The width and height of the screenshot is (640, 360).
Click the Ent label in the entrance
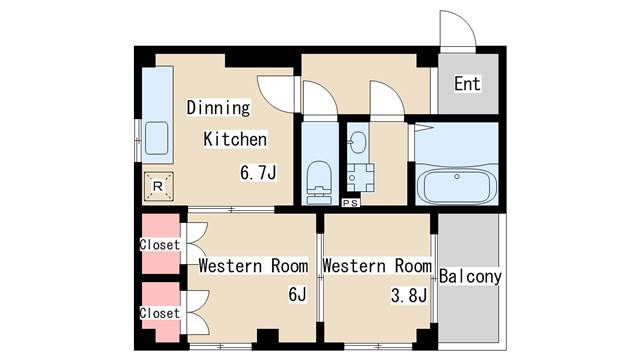point(467,84)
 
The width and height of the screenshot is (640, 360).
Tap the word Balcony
point(470,277)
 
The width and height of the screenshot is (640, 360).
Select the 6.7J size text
point(258,173)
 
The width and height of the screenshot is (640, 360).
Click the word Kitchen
point(235,139)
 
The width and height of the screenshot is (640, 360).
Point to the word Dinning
point(218,108)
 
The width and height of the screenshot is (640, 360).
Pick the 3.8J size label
point(409,295)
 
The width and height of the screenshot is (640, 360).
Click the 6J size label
point(297,294)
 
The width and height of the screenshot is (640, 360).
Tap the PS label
point(351,203)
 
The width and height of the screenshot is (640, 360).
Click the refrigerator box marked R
point(158,187)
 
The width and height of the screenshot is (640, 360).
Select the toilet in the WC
point(319,183)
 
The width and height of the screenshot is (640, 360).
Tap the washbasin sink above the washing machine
point(358,142)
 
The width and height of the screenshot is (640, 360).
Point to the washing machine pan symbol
point(360,178)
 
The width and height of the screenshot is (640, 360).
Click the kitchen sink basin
point(157,138)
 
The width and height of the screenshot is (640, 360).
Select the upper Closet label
point(160,245)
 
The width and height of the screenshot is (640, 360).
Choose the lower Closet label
point(160,313)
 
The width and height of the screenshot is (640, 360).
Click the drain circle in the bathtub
point(457,177)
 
